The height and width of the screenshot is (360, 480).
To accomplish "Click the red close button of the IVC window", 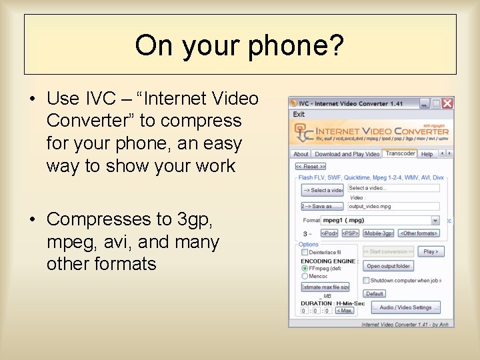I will (447, 103).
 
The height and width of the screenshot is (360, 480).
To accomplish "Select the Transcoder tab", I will (400, 153).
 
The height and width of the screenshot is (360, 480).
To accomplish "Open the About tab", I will (301, 154).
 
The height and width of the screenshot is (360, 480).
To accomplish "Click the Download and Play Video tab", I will (347, 154).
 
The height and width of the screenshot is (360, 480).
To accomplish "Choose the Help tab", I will (427, 154).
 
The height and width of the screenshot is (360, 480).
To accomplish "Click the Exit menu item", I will (299, 115).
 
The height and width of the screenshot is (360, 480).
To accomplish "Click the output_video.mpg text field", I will (393, 207).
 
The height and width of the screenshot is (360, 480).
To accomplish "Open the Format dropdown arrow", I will (435, 220).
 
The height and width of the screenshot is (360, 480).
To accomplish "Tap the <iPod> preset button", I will (329, 233).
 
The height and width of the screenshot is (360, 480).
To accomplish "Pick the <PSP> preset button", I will (350, 233).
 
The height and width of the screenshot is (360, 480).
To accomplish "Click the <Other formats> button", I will (419, 233).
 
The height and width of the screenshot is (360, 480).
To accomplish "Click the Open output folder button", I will (389, 266).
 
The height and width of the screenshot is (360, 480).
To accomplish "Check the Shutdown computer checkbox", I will (366, 281).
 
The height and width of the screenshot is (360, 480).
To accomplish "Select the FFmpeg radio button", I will (305, 268).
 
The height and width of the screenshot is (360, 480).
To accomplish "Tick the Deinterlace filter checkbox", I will (305, 253).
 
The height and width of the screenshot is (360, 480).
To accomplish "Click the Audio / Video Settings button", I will (405, 307).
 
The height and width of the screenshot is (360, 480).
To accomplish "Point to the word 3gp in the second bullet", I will (198, 219).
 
